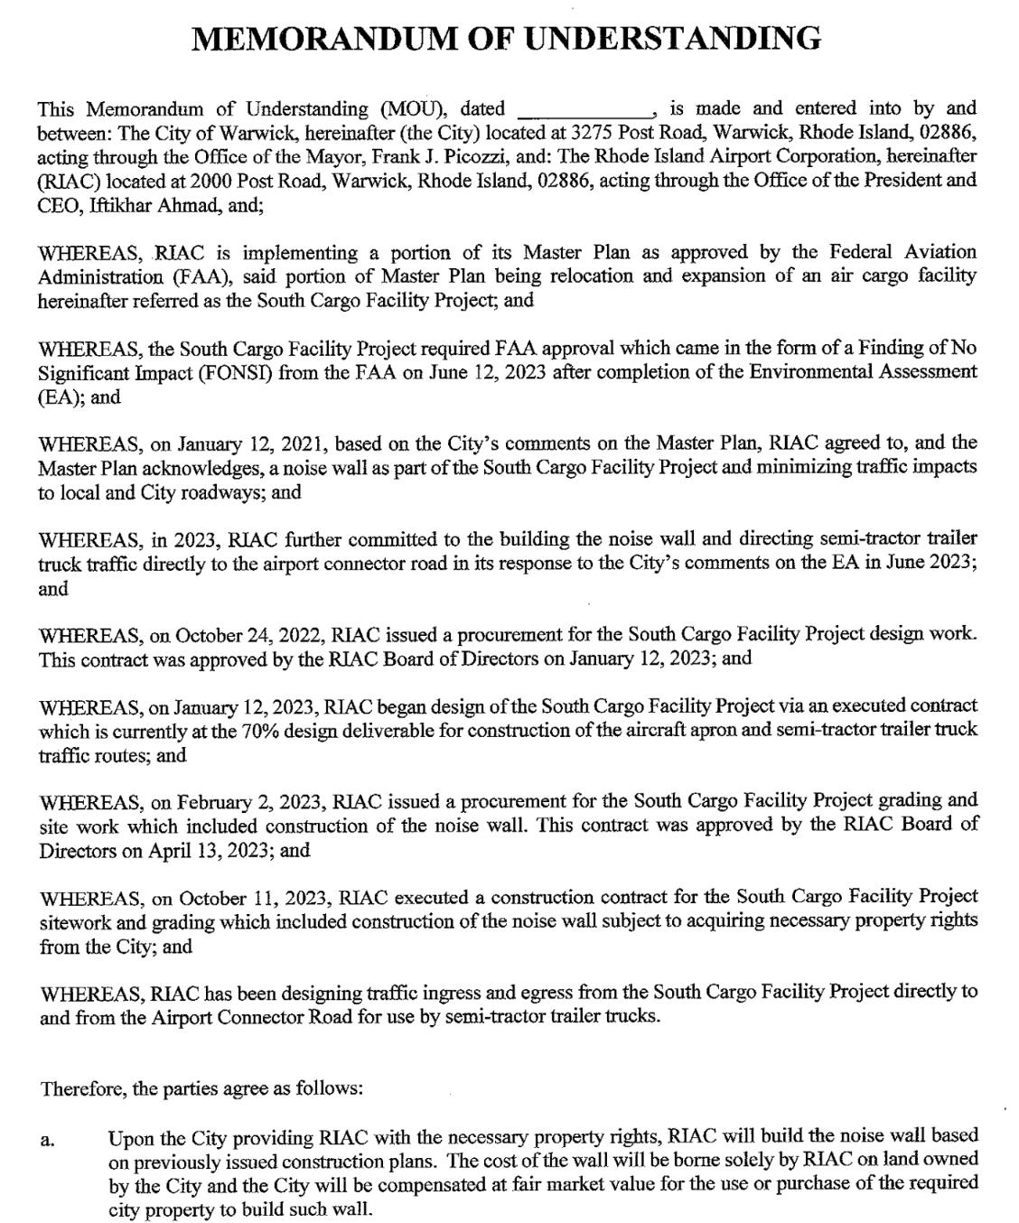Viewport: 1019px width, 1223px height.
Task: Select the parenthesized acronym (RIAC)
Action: pos(65,180)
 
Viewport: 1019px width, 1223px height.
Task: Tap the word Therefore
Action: pos(81,1088)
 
